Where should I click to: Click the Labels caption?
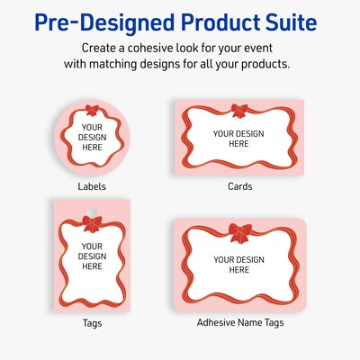click(92, 186)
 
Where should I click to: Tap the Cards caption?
click(239, 186)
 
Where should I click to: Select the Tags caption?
click(92, 321)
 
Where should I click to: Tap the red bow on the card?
click(239, 111)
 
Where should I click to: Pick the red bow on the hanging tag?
click(92, 223)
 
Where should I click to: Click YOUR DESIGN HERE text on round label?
click(92, 139)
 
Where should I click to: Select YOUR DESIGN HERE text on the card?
click(238, 139)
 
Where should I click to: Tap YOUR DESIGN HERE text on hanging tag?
click(92, 256)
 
